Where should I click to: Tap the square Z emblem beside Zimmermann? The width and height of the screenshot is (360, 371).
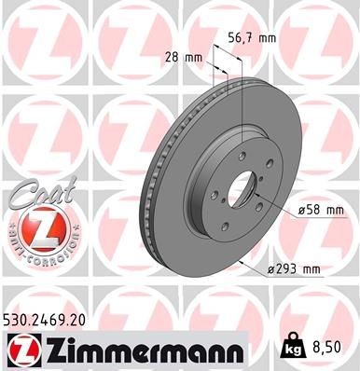point(23,350)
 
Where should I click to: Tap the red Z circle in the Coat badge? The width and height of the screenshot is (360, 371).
point(34,226)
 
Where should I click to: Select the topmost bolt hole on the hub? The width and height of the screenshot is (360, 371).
point(245,142)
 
